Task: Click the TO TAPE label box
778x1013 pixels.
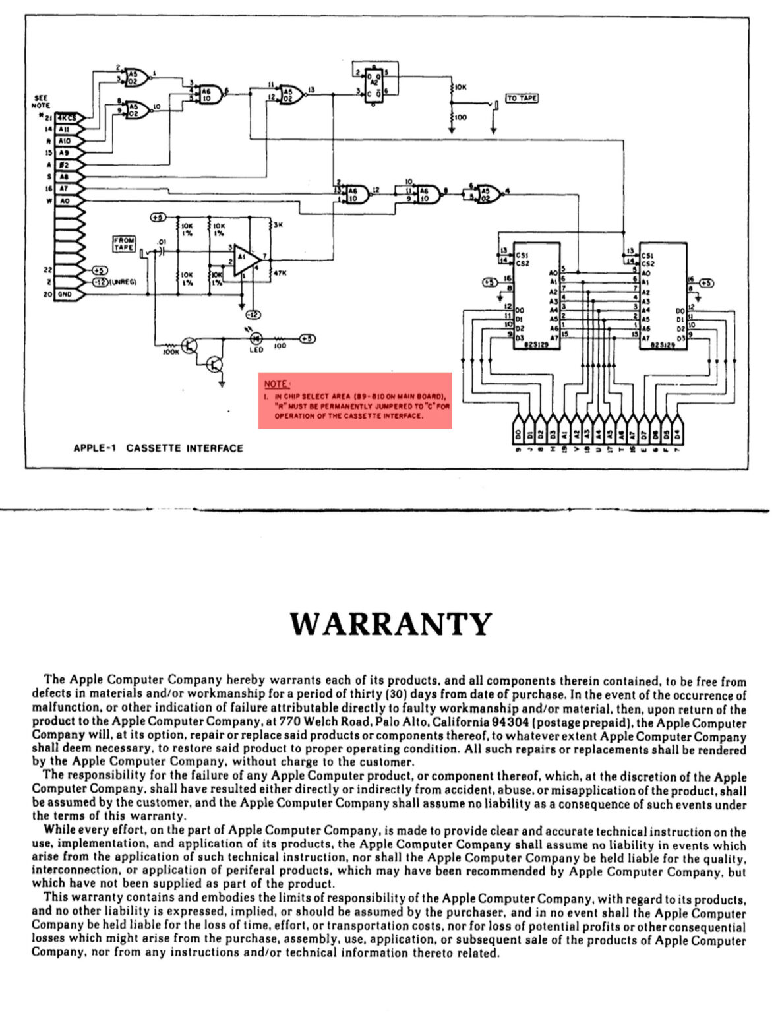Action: click(522, 98)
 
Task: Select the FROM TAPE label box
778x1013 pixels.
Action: click(124, 244)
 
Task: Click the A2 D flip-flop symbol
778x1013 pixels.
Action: click(374, 84)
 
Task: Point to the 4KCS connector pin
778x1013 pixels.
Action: click(65, 117)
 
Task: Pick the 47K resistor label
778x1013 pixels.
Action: click(280, 272)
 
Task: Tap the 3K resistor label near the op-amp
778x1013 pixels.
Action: click(278, 225)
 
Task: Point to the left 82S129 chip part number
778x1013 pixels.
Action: click(535, 344)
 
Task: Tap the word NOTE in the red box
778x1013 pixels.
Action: click(276, 384)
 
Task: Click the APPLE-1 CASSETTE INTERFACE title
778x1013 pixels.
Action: click(158, 448)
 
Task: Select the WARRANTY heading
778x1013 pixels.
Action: click(391, 624)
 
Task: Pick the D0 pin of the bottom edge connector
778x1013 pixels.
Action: click(518, 435)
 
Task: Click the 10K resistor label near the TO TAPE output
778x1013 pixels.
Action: click(460, 86)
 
